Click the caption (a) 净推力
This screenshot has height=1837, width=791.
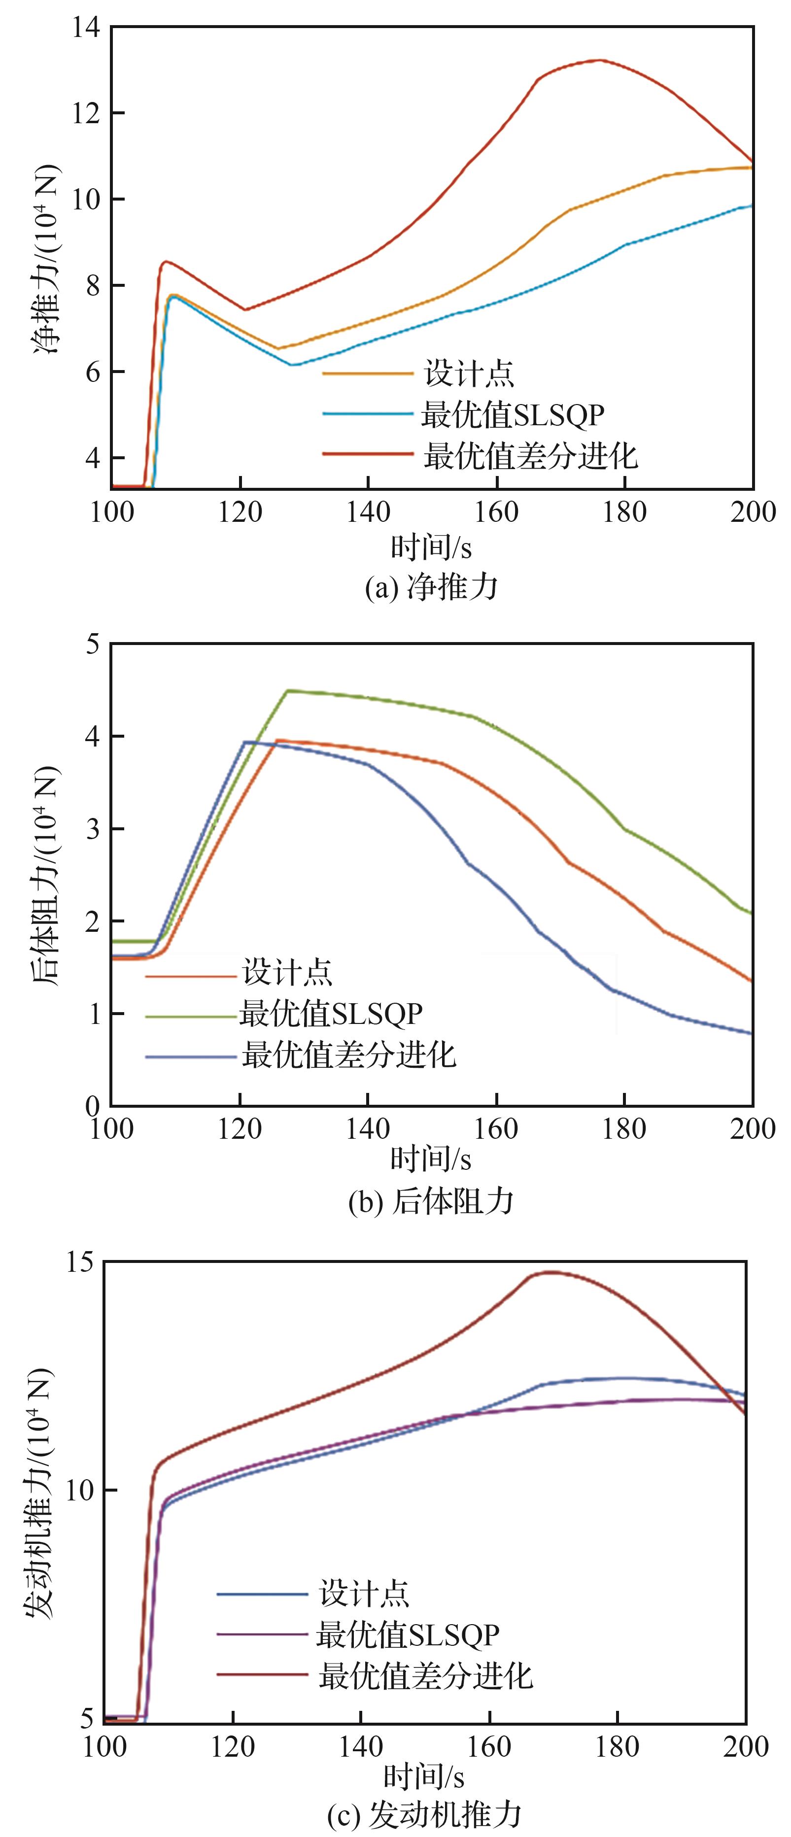point(431,587)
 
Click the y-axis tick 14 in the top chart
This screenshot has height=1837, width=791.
point(86,27)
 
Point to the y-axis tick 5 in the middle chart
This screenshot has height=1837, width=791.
point(93,645)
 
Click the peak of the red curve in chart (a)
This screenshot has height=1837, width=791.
point(601,60)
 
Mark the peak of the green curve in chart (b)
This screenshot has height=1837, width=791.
point(288,690)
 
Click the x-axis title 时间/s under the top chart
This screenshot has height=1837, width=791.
point(431,547)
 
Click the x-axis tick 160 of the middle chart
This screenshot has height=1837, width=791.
point(496,1129)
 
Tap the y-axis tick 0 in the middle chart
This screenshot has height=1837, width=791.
point(93,1107)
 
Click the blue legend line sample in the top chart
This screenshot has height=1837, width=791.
point(367,414)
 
